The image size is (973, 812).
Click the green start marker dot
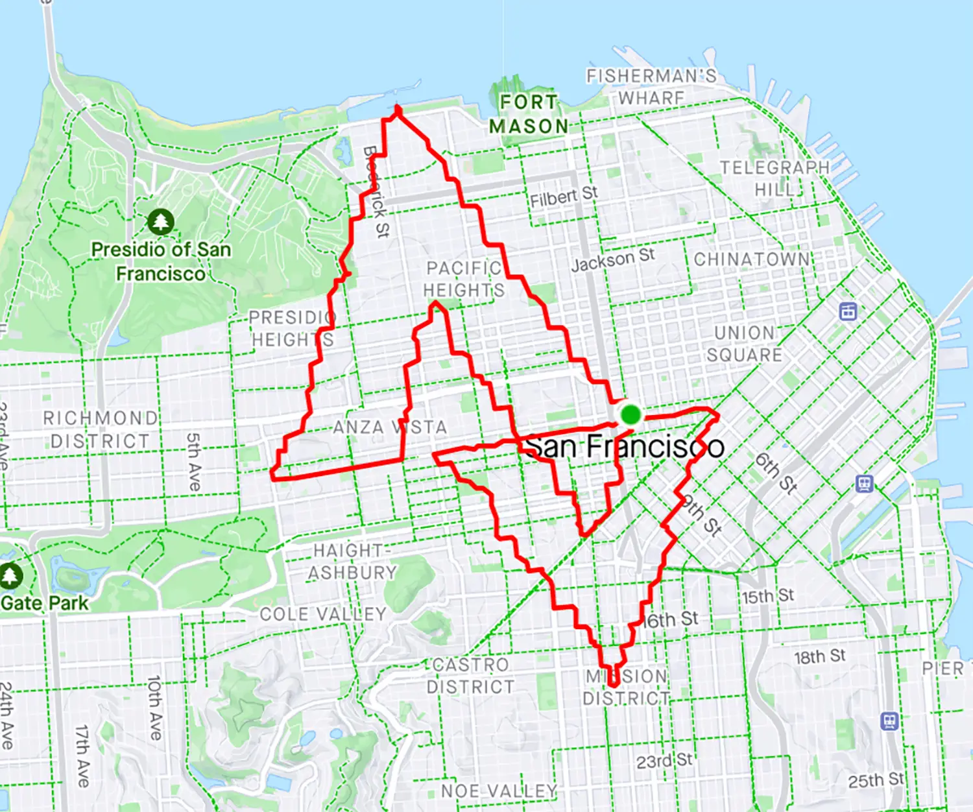(x=630, y=414)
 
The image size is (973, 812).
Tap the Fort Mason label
(x=529, y=114)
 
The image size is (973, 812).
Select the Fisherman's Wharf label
(x=651, y=87)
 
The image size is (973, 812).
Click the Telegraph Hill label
(x=775, y=178)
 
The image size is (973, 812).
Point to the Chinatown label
(x=752, y=259)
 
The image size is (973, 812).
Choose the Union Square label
(x=744, y=344)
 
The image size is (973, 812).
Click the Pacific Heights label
(x=464, y=279)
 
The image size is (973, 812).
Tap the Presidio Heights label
(x=292, y=329)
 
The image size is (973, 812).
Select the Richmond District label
(x=101, y=429)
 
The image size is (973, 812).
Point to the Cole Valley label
(x=322, y=614)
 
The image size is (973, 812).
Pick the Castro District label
(x=470, y=676)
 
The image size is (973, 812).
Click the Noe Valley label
(x=499, y=791)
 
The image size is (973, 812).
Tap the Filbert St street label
(x=563, y=197)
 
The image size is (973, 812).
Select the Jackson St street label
(x=612, y=259)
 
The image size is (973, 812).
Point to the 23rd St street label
(x=664, y=761)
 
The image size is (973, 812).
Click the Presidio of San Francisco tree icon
(x=160, y=222)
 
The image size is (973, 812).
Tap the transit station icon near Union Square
(x=848, y=311)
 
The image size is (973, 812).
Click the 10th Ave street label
(x=154, y=708)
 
